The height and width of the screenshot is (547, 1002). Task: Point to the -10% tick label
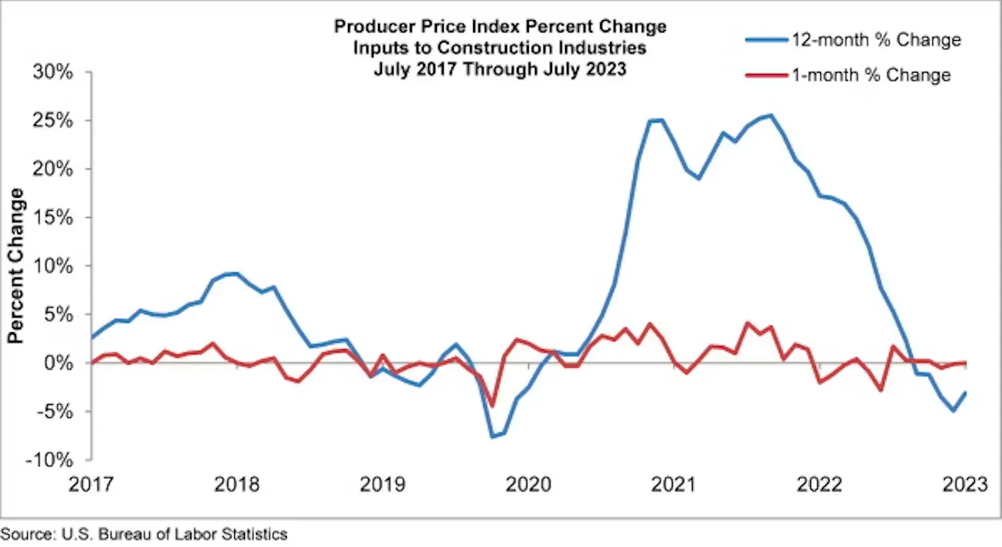point(48,460)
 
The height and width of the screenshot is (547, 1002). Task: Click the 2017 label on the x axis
point(91,484)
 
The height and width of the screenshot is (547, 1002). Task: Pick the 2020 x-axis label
point(528,484)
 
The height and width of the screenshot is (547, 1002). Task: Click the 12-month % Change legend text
point(876,40)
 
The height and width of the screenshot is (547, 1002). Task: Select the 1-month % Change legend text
point(871,75)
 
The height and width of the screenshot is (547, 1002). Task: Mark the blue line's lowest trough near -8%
point(492,437)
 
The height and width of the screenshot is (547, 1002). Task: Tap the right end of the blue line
point(966,392)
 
